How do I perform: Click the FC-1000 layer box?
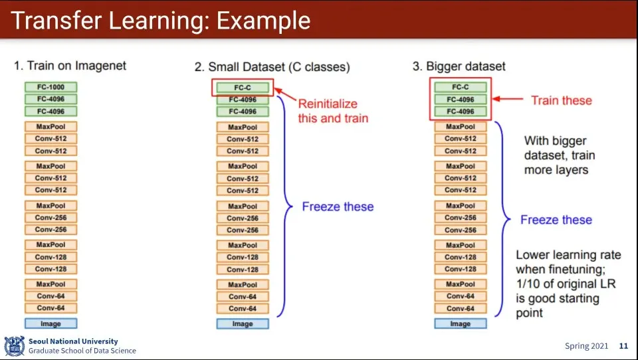coord(51,87)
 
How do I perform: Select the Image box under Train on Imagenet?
coord(51,323)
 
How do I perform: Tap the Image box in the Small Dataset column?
coord(243,324)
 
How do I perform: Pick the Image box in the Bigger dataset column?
coord(461,323)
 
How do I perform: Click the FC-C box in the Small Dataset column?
coord(243,87)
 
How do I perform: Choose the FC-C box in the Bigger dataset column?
coord(461,87)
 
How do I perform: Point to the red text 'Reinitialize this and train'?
coord(328,111)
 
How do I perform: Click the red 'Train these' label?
coord(561,100)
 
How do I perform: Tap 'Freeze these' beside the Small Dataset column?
coord(338,207)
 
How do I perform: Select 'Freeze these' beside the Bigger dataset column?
coord(556,220)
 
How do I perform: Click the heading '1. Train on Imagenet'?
coord(70,66)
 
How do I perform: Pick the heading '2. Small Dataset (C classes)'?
coord(272,66)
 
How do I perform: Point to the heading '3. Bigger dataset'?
coord(459,66)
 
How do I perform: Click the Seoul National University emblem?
coord(14,345)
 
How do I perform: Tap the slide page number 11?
coord(623,346)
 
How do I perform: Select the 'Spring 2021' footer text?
coord(587,346)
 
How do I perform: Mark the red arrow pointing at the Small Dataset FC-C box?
coord(284,94)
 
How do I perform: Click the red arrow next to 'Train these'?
coord(508,100)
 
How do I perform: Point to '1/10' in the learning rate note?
coord(528,284)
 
